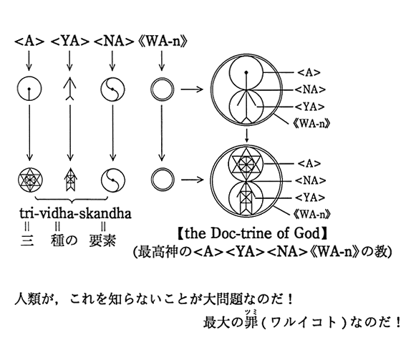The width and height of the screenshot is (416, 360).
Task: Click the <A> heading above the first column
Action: [x=29, y=42]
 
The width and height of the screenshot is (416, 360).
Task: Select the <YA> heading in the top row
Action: [x=69, y=42]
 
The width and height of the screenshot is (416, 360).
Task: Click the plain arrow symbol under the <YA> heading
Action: [x=69, y=88]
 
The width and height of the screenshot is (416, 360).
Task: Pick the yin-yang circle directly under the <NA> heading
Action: [x=112, y=89]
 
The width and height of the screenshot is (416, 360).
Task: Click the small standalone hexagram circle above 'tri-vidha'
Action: [x=30, y=180]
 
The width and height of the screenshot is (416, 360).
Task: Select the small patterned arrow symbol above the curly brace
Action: [x=70, y=180]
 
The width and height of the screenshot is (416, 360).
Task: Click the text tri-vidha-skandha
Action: [x=75, y=213]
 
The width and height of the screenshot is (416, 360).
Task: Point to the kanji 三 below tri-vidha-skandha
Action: [x=26, y=240]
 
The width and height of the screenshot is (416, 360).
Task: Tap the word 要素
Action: [x=102, y=240]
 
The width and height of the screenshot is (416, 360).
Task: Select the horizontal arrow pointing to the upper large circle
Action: [x=193, y=89]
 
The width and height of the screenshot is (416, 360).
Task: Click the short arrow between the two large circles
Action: [x=247, y=135]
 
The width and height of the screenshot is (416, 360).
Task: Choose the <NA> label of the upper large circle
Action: [x=310, y=89]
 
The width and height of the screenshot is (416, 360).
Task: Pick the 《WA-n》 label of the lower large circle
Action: [x=312, y=214]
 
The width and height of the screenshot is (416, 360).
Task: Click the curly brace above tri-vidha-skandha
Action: [x=72, y=199]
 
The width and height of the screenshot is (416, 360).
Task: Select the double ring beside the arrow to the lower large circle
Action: [x=163, y=180]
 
